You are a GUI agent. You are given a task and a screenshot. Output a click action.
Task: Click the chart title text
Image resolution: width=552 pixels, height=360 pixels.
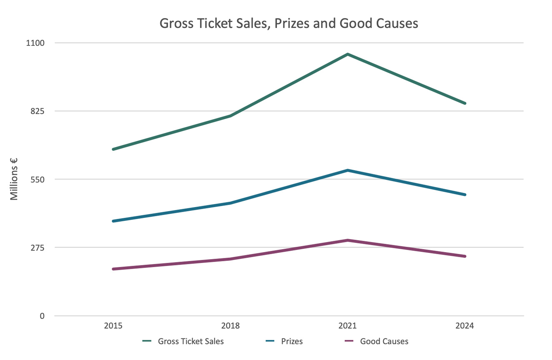tap(289, 24)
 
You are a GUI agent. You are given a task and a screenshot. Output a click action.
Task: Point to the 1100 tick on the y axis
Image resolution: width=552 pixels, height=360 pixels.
tap(36, 43)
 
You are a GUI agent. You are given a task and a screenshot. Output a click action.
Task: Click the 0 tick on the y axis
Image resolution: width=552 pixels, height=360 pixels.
tap(42, 316)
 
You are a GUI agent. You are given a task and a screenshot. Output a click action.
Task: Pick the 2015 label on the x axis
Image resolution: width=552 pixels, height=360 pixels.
tap(113, 326)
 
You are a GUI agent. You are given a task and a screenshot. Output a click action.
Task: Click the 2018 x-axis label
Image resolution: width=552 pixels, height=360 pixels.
tap(231, 326)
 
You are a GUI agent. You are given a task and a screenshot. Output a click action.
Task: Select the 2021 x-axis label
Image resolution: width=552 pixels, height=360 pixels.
tap(348, 326)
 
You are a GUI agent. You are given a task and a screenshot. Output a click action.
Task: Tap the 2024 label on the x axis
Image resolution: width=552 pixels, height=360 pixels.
tap(465, 326)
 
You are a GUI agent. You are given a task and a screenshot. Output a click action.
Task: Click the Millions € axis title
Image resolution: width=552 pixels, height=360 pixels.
tap(15, 179)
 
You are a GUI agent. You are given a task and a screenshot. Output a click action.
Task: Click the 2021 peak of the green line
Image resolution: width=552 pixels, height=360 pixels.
tap(348, 54)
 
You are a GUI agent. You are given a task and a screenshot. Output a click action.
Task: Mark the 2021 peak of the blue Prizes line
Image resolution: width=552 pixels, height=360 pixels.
tap(348, 170)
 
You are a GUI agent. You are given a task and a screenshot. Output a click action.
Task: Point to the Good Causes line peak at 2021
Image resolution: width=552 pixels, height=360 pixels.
tap(348, 240)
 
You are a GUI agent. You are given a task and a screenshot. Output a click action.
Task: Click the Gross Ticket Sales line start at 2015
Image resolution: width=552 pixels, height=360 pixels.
tap(113, 149)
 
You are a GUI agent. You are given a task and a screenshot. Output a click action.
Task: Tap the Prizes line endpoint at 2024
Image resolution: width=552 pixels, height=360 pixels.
tap(465, 195)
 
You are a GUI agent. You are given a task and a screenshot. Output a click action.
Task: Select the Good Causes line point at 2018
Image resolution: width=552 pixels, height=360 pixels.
tap(231, 259)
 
